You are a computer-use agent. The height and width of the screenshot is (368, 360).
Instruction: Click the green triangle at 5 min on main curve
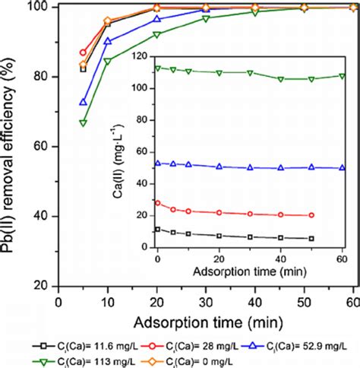tap(83, 122)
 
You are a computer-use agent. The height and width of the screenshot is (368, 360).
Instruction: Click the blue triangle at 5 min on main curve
tap(83, 102)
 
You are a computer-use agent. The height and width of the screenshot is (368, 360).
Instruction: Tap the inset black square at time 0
tap(158, 229)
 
